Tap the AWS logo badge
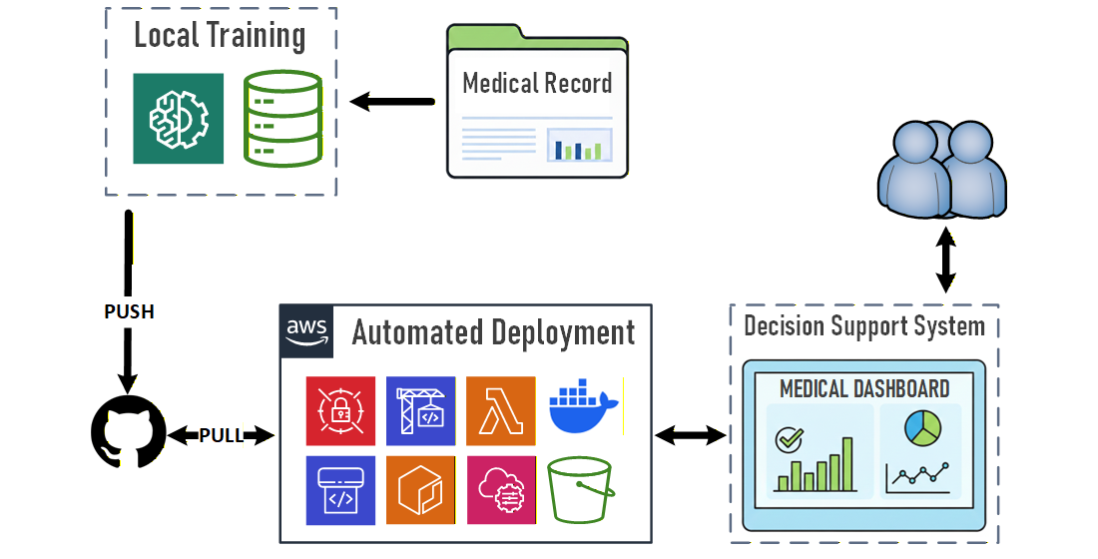(x=306, y=331)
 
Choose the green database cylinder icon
(x=282, y=118)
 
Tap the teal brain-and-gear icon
(x=178, y=118)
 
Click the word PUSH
(x=130, y=311)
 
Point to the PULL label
(x=222, y=435)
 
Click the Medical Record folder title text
(x=537, y=83)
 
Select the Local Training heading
(x=220, y=36)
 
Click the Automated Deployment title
(x=493, y=332)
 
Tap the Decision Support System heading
(x=864, y=325)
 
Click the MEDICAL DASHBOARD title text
(x=864, y=388)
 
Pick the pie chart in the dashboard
(x=922, y=428)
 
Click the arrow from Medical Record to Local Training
(x=393, y=101)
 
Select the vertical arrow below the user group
(x=944, y=259)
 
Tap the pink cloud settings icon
(x=500, y=489)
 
